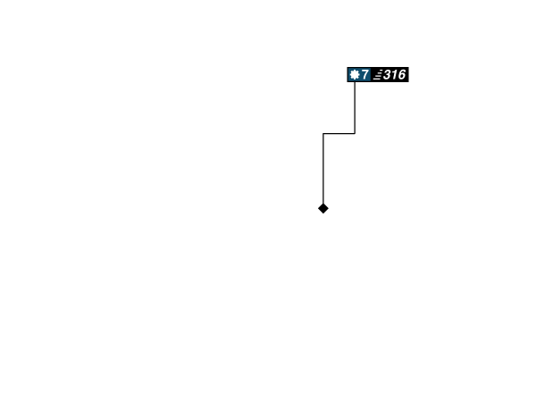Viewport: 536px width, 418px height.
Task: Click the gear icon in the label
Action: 355,75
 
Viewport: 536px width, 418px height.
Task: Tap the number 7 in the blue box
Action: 365,75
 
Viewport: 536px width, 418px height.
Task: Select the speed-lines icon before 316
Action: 378,75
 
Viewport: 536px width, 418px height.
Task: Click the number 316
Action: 394,75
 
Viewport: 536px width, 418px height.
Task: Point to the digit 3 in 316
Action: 387,75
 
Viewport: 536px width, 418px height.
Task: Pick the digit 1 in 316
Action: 394,75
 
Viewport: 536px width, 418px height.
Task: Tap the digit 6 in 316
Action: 401,75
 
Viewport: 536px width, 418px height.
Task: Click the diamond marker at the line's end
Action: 323,208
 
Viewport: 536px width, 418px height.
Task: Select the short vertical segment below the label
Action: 355,107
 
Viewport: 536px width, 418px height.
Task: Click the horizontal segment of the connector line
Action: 339,133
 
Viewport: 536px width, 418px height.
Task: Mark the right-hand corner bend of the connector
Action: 355,133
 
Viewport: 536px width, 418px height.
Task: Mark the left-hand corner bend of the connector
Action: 323,133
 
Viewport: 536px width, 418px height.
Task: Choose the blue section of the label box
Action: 359,75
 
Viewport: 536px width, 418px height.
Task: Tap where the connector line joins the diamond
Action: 323,202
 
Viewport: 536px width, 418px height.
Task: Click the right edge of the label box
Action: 409,75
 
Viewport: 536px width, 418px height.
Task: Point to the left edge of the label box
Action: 347,75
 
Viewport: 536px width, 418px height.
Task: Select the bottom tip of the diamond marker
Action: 323,215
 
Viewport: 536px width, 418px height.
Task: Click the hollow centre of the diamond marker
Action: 323,208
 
